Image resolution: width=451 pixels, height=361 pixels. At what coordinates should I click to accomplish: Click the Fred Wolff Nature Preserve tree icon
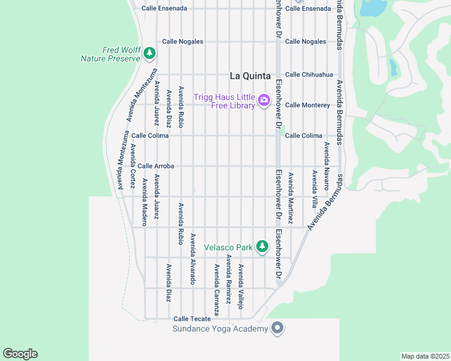(x=150, y=54)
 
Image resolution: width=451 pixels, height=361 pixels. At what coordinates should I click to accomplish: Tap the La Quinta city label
(x=252, y=76)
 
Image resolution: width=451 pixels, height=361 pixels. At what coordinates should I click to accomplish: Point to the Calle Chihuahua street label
(x=309, y=75)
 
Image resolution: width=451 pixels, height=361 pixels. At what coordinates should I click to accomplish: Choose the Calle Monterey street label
(x=307, y=105)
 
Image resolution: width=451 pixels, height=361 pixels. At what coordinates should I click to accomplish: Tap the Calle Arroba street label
(x=156, y=166)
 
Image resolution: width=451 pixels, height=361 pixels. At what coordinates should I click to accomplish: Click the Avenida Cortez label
(x=133, y=166)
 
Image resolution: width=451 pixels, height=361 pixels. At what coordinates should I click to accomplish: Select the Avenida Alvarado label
(x=193, y=259)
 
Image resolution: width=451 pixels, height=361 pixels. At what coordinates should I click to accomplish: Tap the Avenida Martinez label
(x=290, y=198)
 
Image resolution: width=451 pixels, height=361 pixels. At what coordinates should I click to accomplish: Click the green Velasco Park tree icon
(x=262, y=246)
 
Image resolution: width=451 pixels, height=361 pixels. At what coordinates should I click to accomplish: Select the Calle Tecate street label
(x=192, y=319)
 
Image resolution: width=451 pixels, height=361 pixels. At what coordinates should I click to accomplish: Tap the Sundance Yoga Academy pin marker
(x=277, y=328)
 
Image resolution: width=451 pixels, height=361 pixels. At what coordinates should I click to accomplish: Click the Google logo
(x=20, y=354)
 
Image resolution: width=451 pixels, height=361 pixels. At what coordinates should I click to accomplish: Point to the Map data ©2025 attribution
(x=424, y=356)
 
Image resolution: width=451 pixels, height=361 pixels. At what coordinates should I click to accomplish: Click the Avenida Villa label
(x=314, y=189)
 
